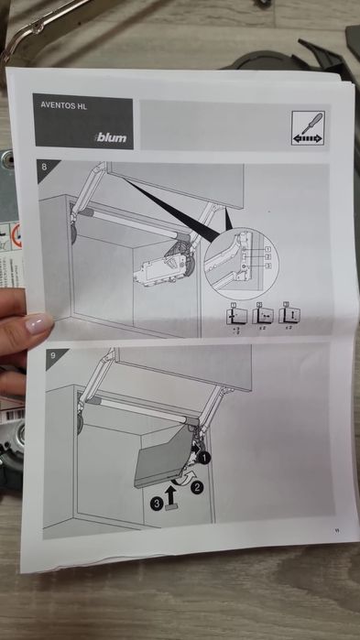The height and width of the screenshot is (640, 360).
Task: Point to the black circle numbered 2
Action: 196,487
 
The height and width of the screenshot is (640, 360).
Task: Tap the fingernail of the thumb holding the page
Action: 38,323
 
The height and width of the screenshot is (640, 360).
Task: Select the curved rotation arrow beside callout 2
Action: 187,476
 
